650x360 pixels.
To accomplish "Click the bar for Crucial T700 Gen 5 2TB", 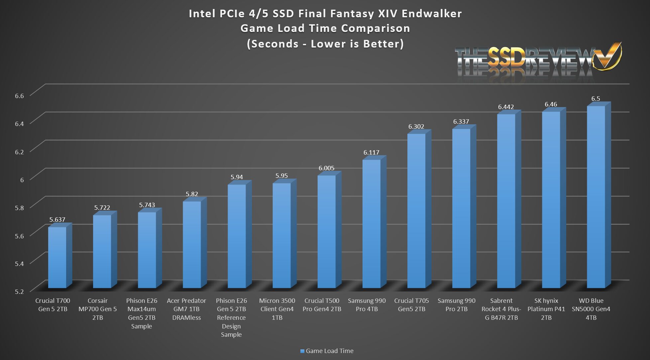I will pyautogui.click(x=57, y=257).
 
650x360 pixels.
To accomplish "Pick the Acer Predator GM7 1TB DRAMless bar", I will pyautogui.click(x=192, y=244).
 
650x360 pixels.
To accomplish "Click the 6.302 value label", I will pyautogui.click(x=416, y=127).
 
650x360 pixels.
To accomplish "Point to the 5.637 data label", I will pyautogui.click(x=57, y=220).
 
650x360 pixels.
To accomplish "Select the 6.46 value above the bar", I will pyautogui.click(x=551, y=104).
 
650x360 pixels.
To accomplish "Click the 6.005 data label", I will pyautogui.click(x=326, y=168).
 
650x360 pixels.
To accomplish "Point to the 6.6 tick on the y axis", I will pyautogui.click(x=20, y=96).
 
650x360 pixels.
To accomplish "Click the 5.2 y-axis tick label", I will pyautogui.click(x=20, y=292).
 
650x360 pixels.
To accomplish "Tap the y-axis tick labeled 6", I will pyautogui.click(x=22, y=180).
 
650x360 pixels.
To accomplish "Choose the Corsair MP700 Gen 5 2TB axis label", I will pyautogui.click(x=97, y=309).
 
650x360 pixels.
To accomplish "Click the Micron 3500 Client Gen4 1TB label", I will pyautogui.click(x=277, y=309).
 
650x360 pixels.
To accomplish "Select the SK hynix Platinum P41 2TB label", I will pyautogui.click(x=546, y=309).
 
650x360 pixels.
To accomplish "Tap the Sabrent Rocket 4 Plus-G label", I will pyautogui.click(x=501, y=309).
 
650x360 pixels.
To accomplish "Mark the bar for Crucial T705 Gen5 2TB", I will pyautogui.click(x=416, y=211).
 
